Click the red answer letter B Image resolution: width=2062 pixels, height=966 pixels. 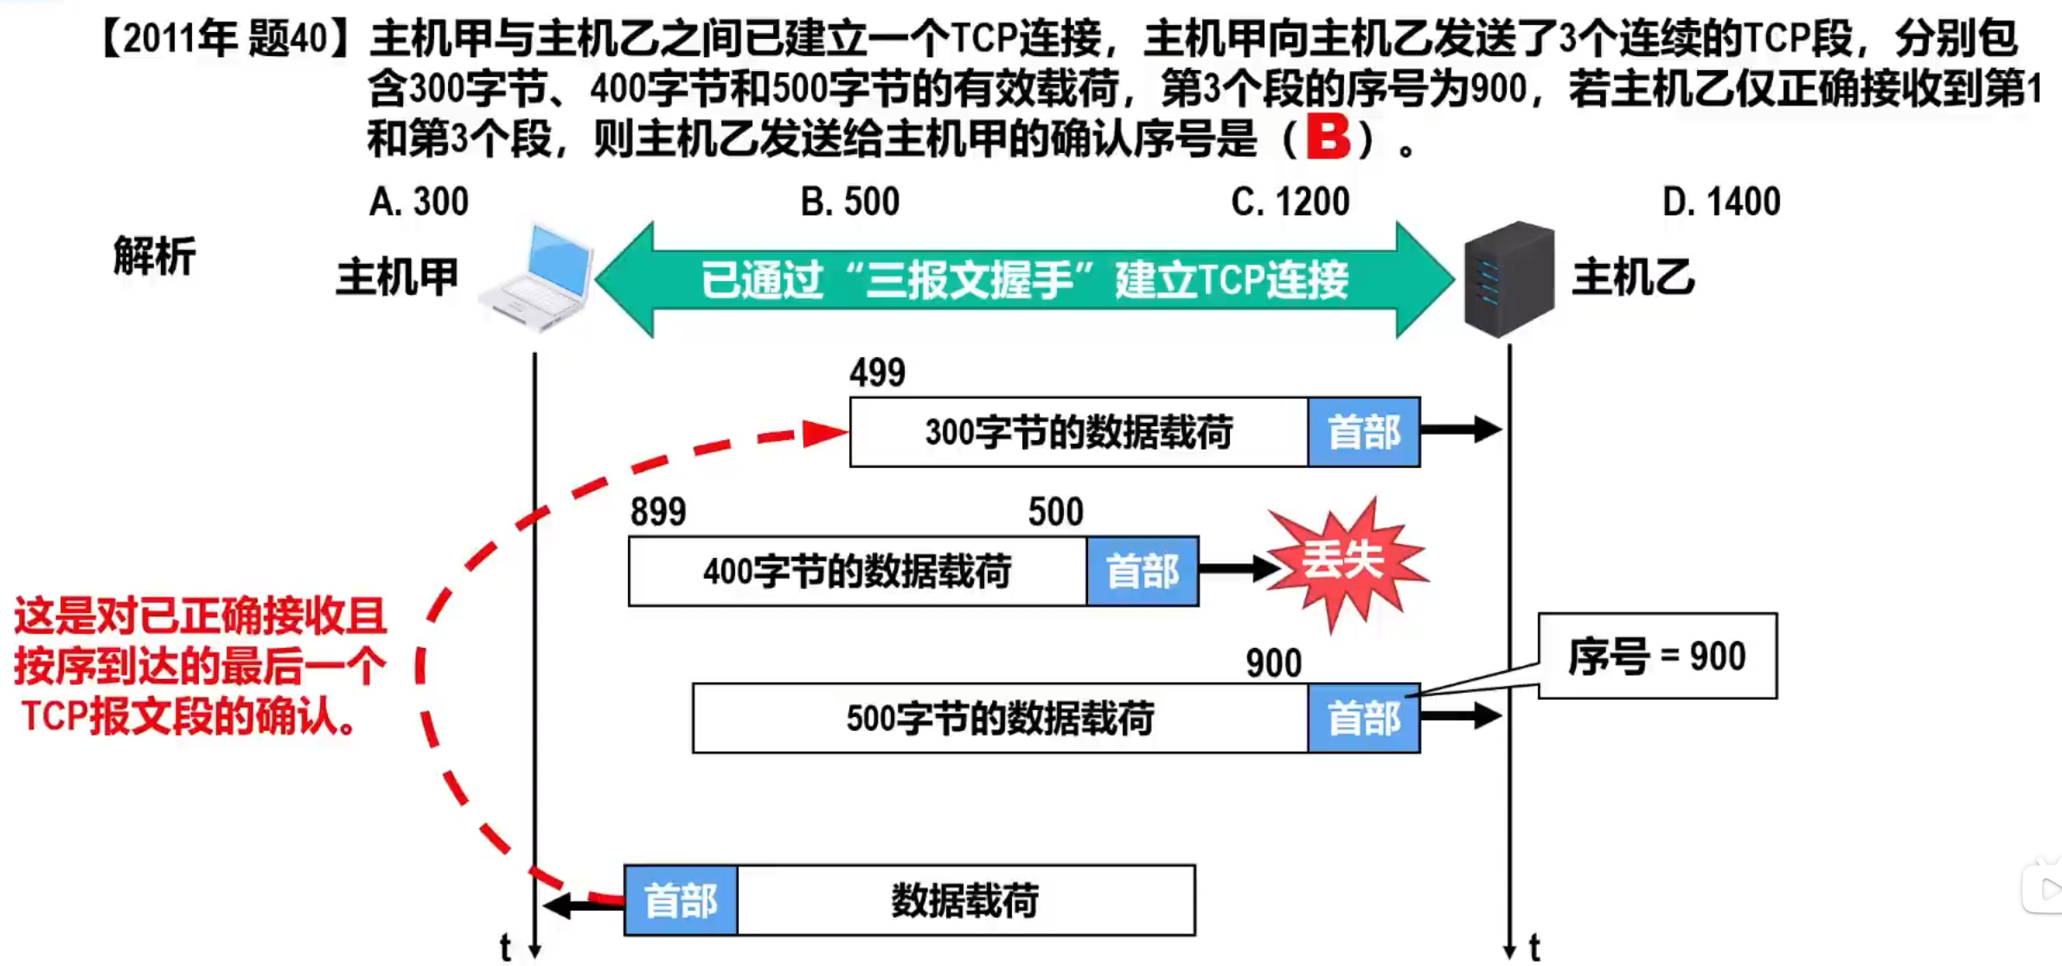tap(1328, 137)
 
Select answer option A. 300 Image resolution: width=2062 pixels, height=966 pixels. tap(419, 202)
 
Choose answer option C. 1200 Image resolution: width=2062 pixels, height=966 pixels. tap(1290, 202)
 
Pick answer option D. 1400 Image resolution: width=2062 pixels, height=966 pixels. tap(1721, 202)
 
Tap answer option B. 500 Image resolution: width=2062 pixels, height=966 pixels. tap(850, 202)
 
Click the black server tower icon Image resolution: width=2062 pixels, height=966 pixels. tap(1508, 278)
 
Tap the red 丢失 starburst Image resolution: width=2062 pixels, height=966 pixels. tap(1343, 561)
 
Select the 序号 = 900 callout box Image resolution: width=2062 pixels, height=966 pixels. tap(1657, 656)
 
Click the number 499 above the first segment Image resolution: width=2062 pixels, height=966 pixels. tap(877, 373)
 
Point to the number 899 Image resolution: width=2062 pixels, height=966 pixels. tap(658, 512)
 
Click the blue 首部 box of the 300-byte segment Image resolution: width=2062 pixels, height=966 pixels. tap(1363, 432)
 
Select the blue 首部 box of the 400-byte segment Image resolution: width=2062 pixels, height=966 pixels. tap(1142, 572)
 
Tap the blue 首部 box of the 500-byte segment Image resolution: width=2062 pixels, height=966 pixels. tap(1363, 719)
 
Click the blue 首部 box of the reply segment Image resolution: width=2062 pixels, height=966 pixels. tap(681, 901)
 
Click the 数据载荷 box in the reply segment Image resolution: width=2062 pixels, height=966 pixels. tap(965, 901)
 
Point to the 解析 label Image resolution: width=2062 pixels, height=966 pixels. tap(155, 256)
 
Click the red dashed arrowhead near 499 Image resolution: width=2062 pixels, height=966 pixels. tap(825, 432)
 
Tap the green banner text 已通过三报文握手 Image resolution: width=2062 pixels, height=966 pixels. tap(1024, 279)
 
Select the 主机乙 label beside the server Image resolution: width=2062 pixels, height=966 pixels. tap(1633, 278)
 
